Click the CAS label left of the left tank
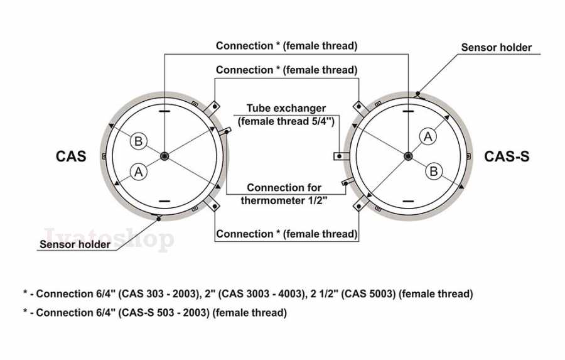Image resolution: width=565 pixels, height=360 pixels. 71,156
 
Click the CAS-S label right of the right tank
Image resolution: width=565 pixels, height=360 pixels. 507,156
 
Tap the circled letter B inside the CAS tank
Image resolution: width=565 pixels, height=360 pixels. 138,141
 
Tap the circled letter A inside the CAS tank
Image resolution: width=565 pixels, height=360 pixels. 138,172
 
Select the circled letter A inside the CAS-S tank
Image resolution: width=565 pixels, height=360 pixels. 428,137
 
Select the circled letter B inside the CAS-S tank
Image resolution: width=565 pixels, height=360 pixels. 434,171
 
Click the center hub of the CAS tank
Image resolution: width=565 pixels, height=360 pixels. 164,156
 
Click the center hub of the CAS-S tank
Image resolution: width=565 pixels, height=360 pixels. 408,156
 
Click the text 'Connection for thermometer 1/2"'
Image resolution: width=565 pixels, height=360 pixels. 284,194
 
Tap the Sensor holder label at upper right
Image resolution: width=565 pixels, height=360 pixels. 496,47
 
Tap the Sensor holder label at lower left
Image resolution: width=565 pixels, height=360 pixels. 75,244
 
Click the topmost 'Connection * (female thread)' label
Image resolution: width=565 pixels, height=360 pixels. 286,46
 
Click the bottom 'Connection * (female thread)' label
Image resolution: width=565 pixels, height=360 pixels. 286,234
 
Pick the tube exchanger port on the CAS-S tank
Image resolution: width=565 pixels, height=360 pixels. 342,156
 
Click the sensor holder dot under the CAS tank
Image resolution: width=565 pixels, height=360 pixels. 159,219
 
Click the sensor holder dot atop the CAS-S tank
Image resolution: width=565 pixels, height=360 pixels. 417,94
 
